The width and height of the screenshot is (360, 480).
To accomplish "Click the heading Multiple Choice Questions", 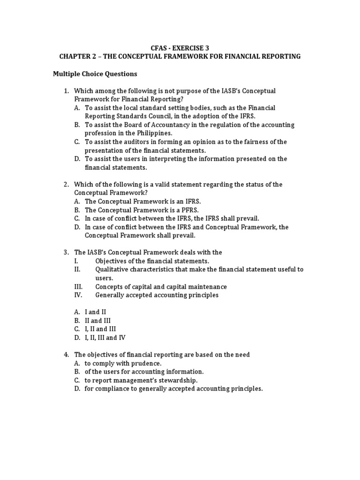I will (95, 74).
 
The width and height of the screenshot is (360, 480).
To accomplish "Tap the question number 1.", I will (66, 90).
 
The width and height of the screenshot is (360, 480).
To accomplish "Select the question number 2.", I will (66, 184).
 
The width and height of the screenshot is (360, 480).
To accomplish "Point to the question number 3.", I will (66, 252).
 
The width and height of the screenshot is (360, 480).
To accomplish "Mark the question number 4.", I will (66, 354).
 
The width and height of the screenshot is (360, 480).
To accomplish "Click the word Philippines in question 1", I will (143, 134).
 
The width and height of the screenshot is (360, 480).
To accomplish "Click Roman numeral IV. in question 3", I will (78, 295).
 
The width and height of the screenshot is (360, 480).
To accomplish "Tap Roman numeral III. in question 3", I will (79, 286).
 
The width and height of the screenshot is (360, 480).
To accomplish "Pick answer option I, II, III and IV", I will (105, 337).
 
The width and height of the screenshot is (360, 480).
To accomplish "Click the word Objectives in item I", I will (112, 261).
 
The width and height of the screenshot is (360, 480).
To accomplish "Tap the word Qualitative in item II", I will (114, 269).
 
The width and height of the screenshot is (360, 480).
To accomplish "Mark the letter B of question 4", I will (77, 372).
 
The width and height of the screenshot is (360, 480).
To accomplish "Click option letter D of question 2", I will (77, 227).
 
